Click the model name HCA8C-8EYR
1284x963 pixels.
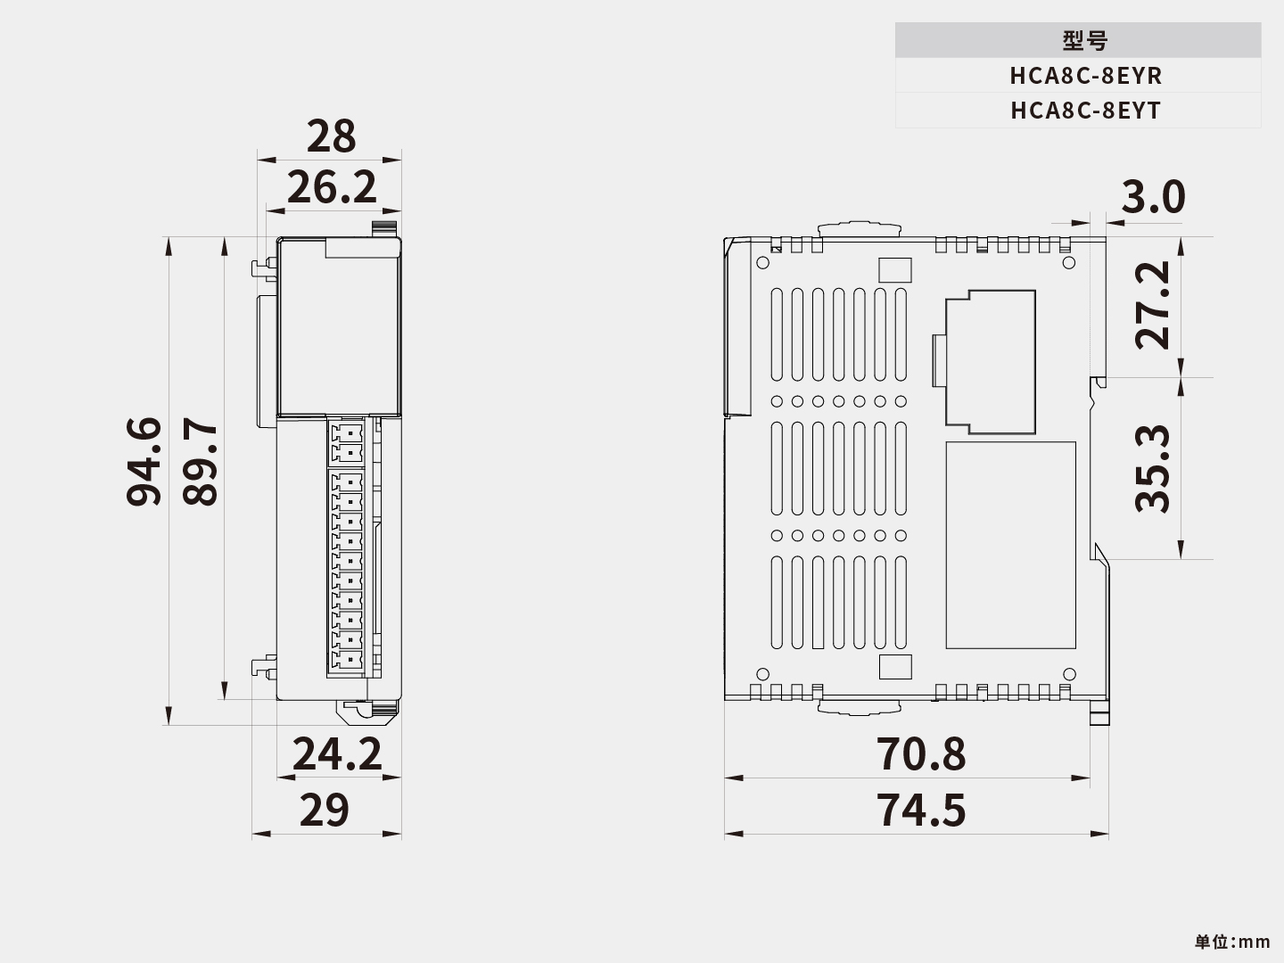pyautogui.click(x=1085, y=76)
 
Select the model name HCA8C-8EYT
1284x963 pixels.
pyautogui.click(x=1085, y=111)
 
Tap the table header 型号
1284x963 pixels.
pyautogui.click(x=1085, y=41)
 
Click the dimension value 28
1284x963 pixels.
pyautogui.click(x=331, y=137)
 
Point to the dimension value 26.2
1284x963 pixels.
pyautogui.click(x=332, y=188)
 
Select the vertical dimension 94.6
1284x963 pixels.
pyautogui.click(x=144, y=462)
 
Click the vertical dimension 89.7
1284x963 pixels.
pyautogui.click(x=201, y=462)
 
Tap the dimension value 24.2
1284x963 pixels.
pyautogui.click(x=337, y=754)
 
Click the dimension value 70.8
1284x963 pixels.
pyautogui.click(x=921, y=754)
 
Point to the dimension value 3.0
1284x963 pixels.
pyautogui.click(x=1153, y=198)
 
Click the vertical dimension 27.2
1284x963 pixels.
pyautogui.click(x=1153, y=305)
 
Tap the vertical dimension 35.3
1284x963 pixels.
pyautogui.click(x=1153, y=469)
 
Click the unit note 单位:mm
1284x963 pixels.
pyautogui.click(x=1232, y=942)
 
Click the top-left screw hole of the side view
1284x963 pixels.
pyautogui.click(x=762, y=263)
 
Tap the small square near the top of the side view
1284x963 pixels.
pyautogui.click(x=895, y=270)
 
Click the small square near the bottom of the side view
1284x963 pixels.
pyautogui.click(x=895, y=667)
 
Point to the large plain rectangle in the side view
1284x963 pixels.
pyautogui.click(x=1010, y=545)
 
